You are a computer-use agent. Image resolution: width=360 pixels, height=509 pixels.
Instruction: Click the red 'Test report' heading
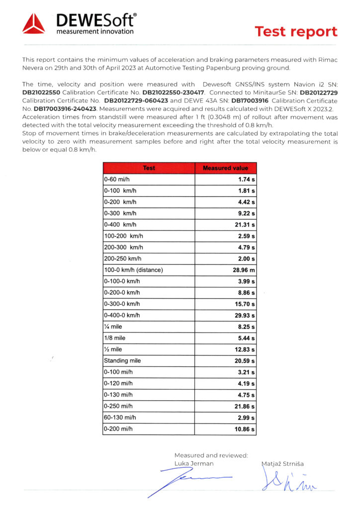coord(296,32)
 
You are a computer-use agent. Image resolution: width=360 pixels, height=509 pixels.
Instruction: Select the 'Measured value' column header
coord(225,168)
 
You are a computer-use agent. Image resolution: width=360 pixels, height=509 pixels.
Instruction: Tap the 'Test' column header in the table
coord(149,168)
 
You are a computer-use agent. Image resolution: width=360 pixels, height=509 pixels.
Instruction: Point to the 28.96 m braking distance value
coord(244,270)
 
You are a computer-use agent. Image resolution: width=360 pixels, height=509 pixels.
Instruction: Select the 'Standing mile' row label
coord(122,360)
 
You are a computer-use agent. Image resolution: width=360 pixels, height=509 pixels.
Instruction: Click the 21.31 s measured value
coord(245,225)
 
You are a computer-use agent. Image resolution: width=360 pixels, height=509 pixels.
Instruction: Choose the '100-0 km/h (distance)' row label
coord(133,270)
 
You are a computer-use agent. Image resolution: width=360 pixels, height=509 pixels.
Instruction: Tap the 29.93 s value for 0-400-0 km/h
coord(245,315)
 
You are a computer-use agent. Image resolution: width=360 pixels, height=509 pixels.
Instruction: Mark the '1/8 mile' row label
coord(115,338)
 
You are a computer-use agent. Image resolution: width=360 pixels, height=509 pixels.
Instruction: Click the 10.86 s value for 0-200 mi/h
coord(245,428)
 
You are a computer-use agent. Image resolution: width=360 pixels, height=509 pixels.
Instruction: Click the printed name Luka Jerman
coord(194,463)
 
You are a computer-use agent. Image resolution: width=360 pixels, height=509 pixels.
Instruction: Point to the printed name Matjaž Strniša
coord(282,463)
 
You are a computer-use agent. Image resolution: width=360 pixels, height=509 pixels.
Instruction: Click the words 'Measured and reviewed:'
coord(211,455)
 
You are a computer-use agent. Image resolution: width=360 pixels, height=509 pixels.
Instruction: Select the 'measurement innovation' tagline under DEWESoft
coord(95,32)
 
